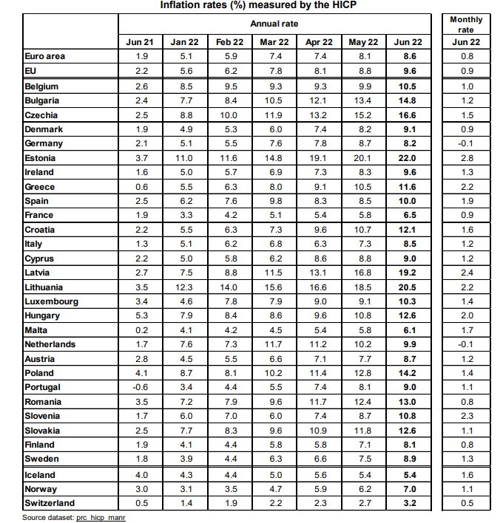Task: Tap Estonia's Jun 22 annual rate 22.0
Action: point(408,158)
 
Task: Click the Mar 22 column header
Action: point(274,42)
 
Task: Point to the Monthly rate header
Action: point(466,24)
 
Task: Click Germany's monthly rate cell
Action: point(466,143)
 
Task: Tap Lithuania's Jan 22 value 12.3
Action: point(185,287)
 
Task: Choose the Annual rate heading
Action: point(274,24)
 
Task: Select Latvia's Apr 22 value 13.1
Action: point(319,273)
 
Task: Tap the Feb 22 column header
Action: point(230,42)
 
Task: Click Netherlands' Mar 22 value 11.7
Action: point(274,344)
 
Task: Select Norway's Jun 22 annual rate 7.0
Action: point(408,488)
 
